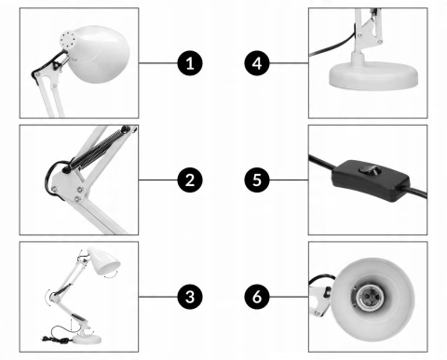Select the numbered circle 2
(190, 180)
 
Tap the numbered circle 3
(190, 298)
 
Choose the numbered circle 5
(256, 180)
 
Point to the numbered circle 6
(256, 298)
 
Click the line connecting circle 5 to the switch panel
(289, 180)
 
